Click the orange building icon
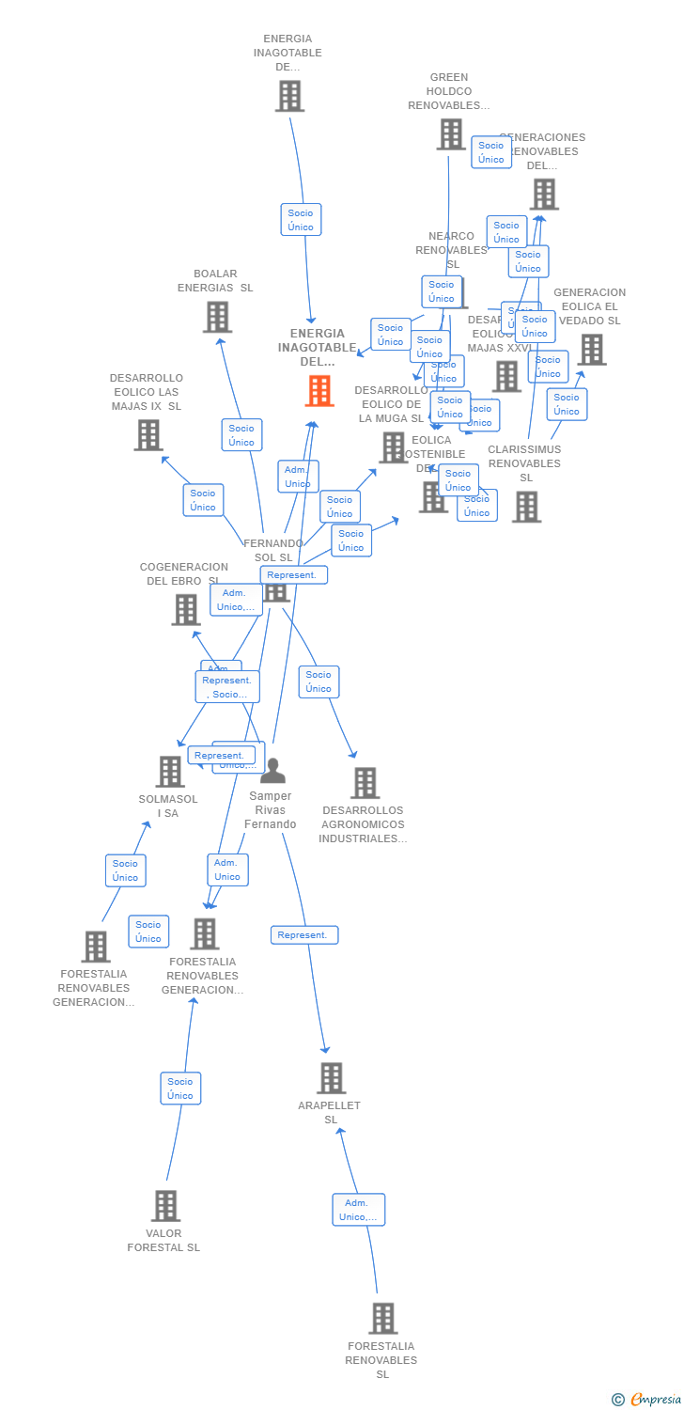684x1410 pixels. pyautogui.click(x=319, y=390)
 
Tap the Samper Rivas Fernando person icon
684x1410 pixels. pyautogui.click(x=272, y=771)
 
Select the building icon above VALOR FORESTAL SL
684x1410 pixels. pyautogui.click(x=165, y=1205)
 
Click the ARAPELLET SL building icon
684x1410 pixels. pyautogui.click(x=331, y=1077)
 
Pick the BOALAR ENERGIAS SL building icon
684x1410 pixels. pyautogui.click(x=217, y=317)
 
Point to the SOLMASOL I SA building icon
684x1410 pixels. pyautogui.click(x=170, y=771)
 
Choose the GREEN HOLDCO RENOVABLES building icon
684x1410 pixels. pyautogui.click(x=450, y=133)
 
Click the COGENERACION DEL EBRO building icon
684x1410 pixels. pyautogui.click(x=186, y=609)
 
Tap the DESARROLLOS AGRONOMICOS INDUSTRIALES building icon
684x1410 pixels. pyautogui.click(x=365, y=782)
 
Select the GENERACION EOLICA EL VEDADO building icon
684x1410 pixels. pyautogui.click(x=591, y=349)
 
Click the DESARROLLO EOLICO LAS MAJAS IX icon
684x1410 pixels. pyautogui.click(x=148, y=434)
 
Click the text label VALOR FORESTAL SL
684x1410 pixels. pyautogui.click(x=163, y=1240)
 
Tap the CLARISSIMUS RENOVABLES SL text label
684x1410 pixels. pyautogui.click(x=524, y=462)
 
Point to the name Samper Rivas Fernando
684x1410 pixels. pyautogui.click(x=271, y=810)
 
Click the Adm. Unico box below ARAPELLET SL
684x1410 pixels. pyautogui.click(x=358, y=1210)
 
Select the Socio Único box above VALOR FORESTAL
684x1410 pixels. pyautogui.click(x=180, y=1089)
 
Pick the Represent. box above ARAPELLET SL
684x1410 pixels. pyautogui.click(x=304, y=935)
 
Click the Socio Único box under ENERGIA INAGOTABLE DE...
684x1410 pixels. pyautogui.click(x=301, y=220)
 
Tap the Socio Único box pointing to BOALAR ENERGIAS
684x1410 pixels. pyautogui.click(x=241, y=435)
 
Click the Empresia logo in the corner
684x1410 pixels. pyautogui.click(x=647, y=1400)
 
